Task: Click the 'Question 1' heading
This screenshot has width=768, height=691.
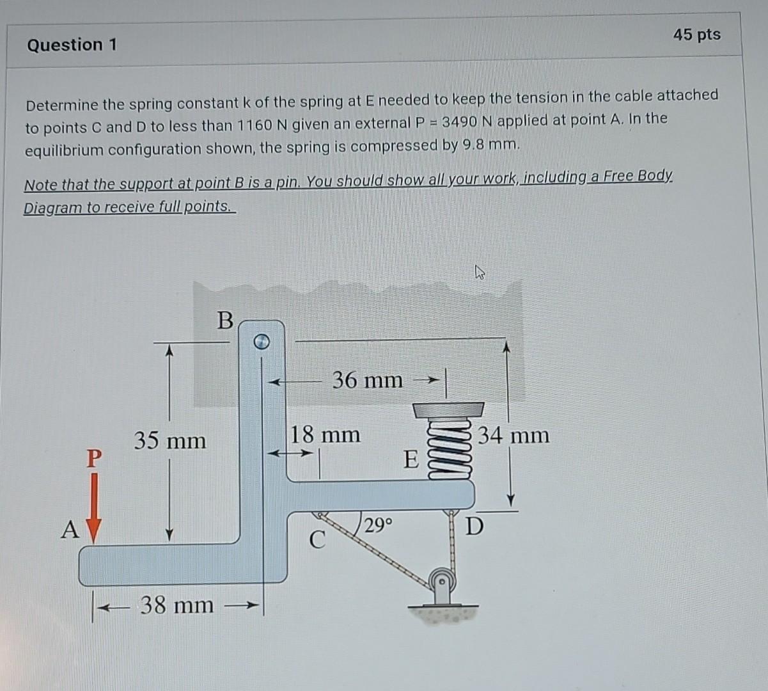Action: pos(72,45)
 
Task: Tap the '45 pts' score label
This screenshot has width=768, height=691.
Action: pos(696,35)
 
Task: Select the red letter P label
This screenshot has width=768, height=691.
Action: pos(93,457)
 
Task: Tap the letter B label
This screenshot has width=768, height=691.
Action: pos(225,320)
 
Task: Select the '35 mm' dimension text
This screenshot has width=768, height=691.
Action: pos(170,441)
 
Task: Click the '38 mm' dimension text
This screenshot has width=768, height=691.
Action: pos(177,605)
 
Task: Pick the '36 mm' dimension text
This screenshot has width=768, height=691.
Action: pos(368,380)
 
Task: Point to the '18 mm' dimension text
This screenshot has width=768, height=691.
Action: pos(325,435)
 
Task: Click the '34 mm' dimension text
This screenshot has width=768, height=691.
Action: pos(514,436)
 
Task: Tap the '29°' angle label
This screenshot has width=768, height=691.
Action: pos(379,526)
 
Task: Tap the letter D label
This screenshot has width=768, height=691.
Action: pos(475,527)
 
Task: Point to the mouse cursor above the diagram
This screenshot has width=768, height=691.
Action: pos(480,274)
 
